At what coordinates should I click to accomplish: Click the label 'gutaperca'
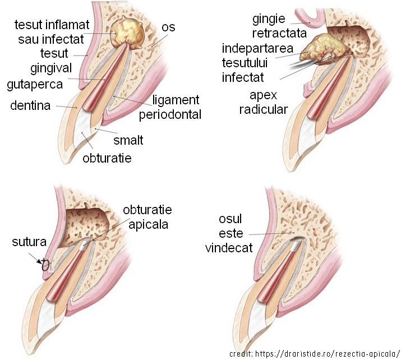34,85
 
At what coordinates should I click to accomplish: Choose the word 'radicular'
263,109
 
